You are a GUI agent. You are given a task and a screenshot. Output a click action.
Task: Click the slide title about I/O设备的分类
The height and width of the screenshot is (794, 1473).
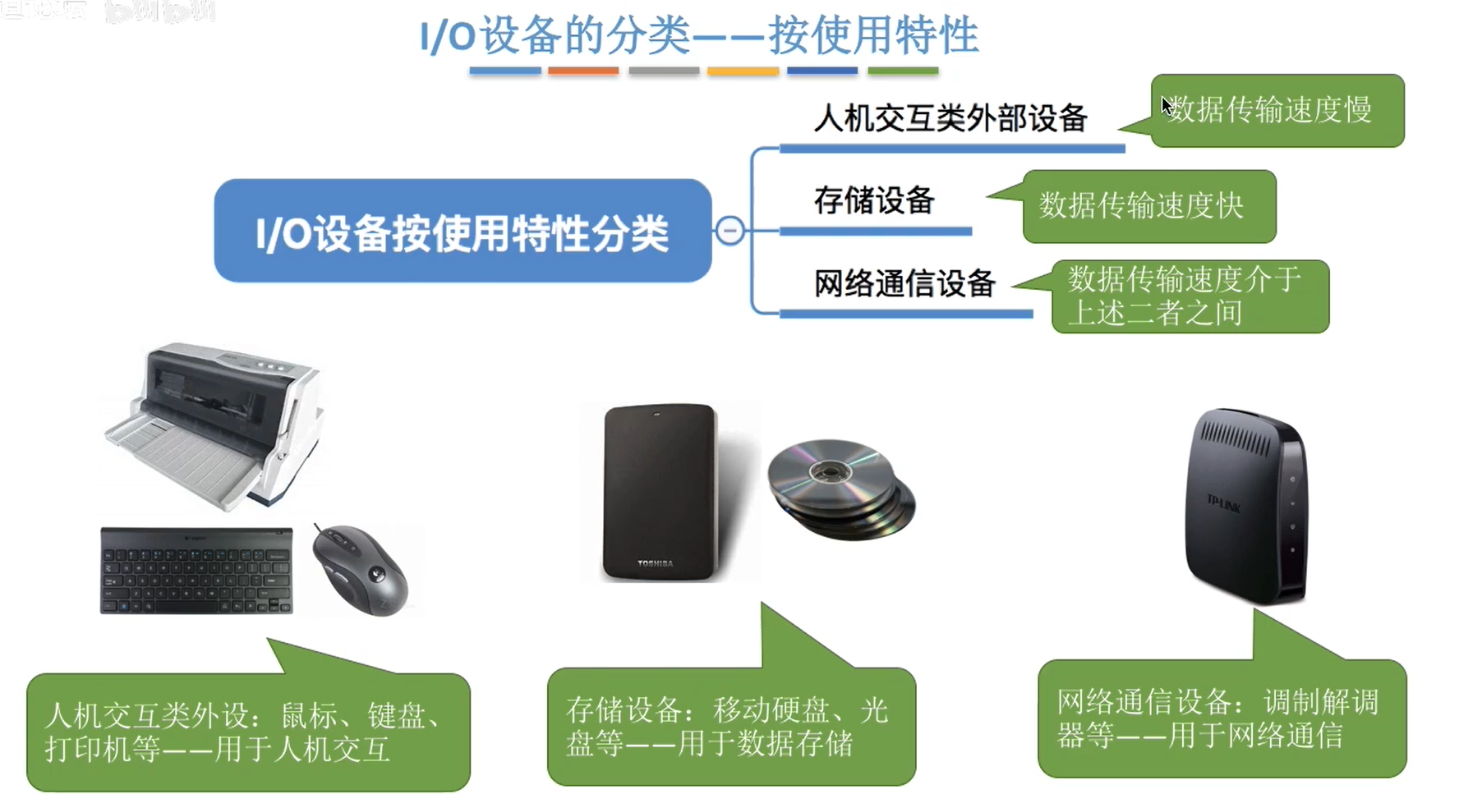click(x=698, y=36)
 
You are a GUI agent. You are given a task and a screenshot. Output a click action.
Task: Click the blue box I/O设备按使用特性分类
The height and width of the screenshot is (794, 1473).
click(x=463, y=232)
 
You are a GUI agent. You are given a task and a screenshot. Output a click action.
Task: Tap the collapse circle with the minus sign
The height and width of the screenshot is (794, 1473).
click(x=730, y=231)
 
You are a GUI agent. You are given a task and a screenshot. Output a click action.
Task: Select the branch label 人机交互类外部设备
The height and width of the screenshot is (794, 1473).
click(x=951, y=118)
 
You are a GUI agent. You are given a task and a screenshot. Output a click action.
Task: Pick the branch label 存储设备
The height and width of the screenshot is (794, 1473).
click(x=874, y=200)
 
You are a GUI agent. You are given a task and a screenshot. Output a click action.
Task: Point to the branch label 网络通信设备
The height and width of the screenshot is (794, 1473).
click(x=905, y=283)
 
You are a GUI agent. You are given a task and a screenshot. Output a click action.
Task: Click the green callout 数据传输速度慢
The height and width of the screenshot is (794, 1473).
click(x=1277, y=110)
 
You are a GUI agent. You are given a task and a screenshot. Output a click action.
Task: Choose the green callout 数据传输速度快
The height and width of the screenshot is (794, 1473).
click(x=1148, y=206)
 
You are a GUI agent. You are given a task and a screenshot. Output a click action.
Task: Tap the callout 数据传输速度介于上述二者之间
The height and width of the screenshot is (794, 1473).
click(x=1189, y=296)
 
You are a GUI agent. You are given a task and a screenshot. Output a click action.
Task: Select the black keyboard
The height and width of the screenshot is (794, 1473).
click(x=196, y=571)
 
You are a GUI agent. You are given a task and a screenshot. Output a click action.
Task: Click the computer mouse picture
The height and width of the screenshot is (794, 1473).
click(x=360, y=569)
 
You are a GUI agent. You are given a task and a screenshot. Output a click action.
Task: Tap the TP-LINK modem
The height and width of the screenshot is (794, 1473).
click(x=1245, y=507)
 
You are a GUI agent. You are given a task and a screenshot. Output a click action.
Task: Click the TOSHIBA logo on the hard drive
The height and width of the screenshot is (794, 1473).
click(x=655, y=563)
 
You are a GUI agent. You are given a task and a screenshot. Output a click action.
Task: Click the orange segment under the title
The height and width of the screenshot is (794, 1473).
click(x=583, y=71)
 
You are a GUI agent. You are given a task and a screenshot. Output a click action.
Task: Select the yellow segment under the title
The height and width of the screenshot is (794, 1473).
click(x=743, y=71)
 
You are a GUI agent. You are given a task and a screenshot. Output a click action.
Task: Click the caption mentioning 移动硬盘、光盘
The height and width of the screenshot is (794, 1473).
click(x=731, y=727)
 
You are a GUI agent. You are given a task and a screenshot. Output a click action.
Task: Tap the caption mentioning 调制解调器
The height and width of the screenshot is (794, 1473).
click(x=1222, y=718)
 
